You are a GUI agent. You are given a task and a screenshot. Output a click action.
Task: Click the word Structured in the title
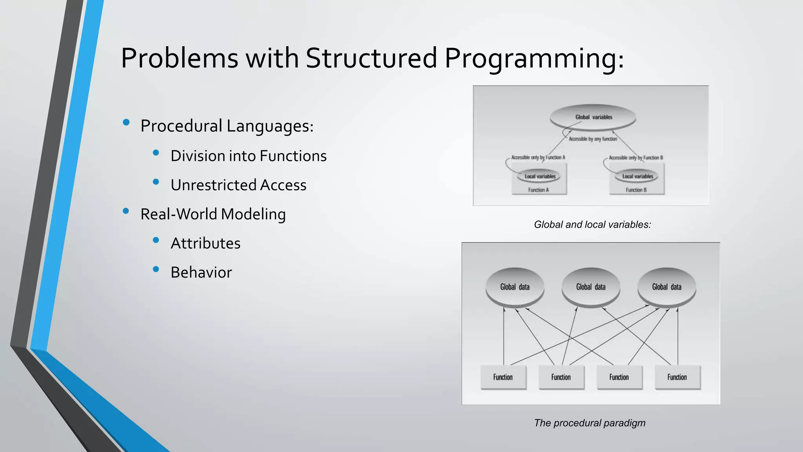coord(371,58)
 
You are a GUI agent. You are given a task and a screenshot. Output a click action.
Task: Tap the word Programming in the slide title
coord(534,58)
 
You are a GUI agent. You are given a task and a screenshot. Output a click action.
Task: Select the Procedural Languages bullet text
coord(227,126)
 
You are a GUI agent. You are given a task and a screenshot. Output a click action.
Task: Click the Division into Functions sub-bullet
coord(248,156)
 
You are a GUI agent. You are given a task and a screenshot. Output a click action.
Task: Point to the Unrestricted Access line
coord(238,185)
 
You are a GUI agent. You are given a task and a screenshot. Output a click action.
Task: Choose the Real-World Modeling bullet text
coord(213,214)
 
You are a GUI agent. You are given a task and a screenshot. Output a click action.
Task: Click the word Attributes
coord(205,243)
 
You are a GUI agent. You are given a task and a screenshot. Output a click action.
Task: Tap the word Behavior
coord(201,272)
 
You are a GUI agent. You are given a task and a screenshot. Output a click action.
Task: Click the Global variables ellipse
coord(593,117)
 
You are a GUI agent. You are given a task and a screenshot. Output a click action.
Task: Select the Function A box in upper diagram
coord(539,190)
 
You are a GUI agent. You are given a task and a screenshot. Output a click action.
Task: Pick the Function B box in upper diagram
coord(636,190)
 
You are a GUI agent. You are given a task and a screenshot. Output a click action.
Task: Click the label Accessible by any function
coord(593,139)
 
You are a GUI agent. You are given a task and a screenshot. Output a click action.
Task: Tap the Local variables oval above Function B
coord(638,176)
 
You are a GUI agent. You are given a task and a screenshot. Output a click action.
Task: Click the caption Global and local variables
coord(592,224)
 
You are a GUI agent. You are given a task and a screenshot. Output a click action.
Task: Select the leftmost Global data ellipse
coord(515,287)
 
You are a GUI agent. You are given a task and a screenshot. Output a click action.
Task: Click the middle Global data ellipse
coord(590,287)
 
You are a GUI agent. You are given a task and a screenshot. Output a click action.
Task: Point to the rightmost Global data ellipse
coord(667,287)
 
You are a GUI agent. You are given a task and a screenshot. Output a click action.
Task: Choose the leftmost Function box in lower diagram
coord(503,377)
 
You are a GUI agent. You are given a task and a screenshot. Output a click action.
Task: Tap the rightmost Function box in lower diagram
coord(677,377)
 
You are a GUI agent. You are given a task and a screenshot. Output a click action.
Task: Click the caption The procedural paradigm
coord(589,423)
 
